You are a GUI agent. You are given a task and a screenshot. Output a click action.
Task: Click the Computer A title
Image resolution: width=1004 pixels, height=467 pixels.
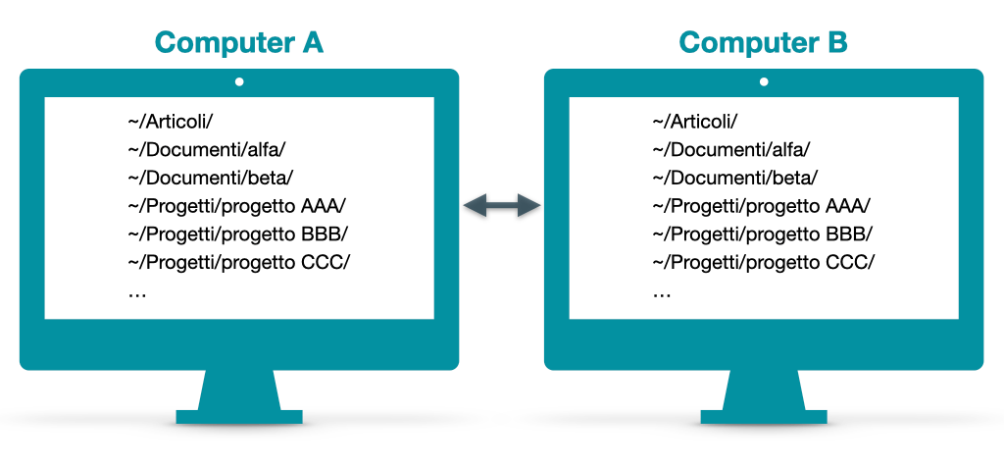click(238, 43)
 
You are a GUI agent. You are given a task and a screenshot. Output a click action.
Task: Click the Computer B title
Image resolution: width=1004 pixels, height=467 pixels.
click(763, 43)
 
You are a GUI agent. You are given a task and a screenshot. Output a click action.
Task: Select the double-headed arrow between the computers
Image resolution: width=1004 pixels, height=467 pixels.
click(502, 205)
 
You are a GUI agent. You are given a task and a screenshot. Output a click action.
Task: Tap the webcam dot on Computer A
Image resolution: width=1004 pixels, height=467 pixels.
click(239, 82)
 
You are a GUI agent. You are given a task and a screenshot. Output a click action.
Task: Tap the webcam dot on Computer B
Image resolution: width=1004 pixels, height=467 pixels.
click(764, 82)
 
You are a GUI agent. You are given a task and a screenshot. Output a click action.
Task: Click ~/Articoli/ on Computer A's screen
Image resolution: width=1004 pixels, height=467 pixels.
click(170, 122)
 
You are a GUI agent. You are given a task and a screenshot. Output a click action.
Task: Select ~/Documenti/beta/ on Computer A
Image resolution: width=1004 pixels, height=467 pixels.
click(211, 179)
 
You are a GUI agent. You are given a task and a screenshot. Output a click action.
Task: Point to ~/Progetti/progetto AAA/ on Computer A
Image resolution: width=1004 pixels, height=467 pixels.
click(237, 206)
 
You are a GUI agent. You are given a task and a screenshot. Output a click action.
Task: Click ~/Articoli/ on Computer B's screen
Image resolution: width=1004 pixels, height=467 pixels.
click(694, 122)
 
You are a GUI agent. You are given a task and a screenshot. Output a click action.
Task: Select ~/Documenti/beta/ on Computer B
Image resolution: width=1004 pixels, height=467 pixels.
click(735, 179)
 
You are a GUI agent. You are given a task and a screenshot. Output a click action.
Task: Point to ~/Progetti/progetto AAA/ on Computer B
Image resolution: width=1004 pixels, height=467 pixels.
click(762, 206)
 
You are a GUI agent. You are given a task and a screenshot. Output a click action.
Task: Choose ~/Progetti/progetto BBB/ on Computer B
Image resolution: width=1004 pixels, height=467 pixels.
click(763, 234)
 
